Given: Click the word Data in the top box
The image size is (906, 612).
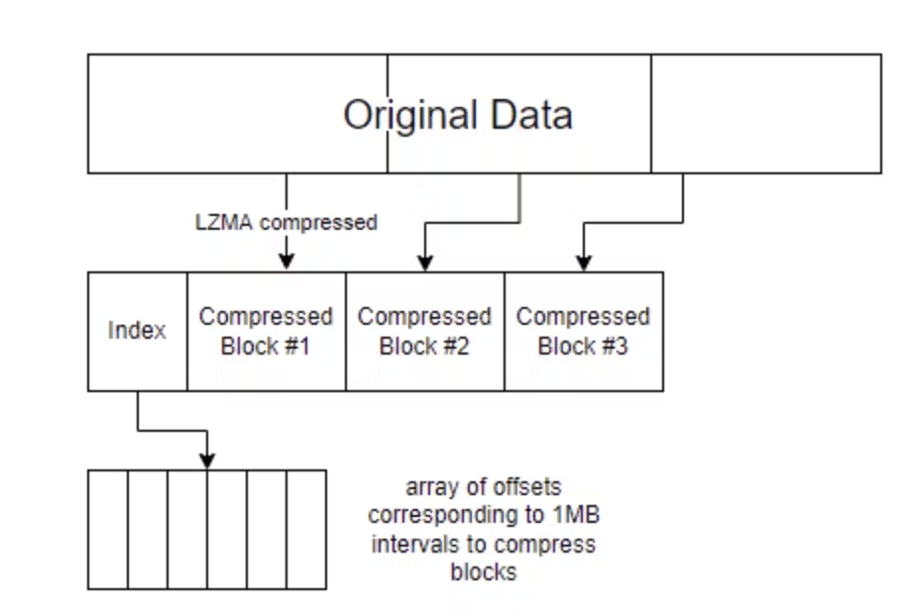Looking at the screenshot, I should [x=529, y=115].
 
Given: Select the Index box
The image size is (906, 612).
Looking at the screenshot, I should [x=137, y=331].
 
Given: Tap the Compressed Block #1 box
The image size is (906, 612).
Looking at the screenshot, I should [x=266, y=331].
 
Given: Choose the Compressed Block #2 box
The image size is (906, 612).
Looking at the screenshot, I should [x=424, y=331].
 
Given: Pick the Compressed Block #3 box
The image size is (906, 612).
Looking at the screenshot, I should [x=583, y=331].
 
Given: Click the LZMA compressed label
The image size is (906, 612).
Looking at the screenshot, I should [x=285, y=223].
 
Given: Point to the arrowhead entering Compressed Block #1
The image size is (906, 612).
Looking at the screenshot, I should [x=286, y=262].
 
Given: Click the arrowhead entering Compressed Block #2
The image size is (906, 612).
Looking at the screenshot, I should [x=424, y=262].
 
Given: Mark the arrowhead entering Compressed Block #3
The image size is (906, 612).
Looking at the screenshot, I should [x=584, y=262].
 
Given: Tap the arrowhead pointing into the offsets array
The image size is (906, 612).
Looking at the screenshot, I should [x=207, y=460].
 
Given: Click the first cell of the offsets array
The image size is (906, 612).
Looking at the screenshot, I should [x=108, y=529].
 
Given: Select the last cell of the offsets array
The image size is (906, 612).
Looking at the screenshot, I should [x=306, y=529].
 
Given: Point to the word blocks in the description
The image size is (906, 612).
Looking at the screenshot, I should [x=483, y=571].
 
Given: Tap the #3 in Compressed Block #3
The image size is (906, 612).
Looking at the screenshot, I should [x=614, y=347].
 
